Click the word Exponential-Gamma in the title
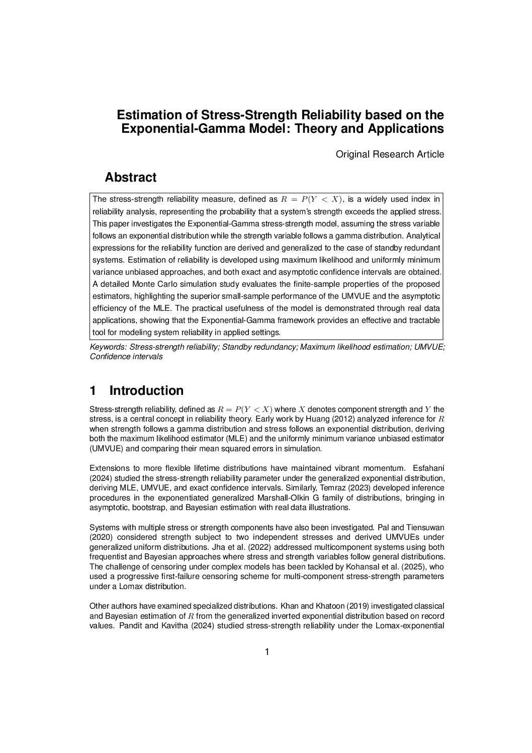pos(183,129)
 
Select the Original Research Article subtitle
pos(390,154)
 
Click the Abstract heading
pos(130,178)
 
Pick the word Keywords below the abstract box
pos(108,347)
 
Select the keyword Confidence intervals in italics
pos(126,357)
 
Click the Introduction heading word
pos(146,391)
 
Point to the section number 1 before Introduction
pos(93,391)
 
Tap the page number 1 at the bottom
pos(267,652)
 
